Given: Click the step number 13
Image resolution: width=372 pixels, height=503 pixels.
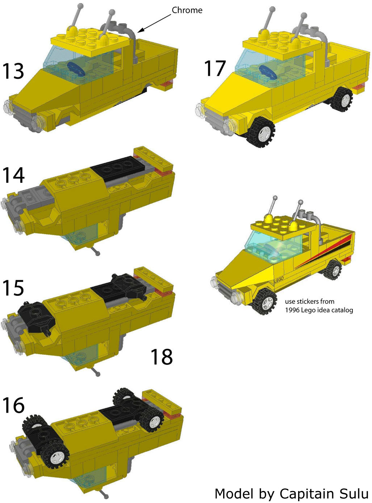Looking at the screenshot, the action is tap(13, 71).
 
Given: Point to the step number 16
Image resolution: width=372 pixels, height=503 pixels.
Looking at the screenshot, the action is tap(13, 405).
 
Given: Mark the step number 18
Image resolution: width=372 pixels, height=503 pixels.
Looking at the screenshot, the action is tap(162, 357).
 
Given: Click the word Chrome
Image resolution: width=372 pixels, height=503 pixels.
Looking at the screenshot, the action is tap(187, 10).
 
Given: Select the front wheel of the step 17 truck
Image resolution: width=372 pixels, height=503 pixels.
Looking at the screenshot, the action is tap(260, 131).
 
